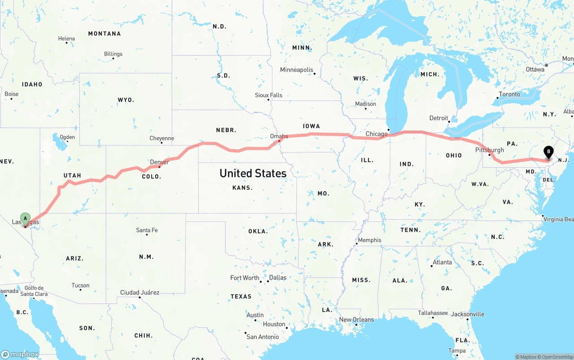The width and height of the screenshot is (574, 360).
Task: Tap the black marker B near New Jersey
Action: click(548, 152)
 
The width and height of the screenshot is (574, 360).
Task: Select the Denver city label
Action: click(159, 162)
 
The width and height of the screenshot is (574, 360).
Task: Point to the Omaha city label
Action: click(279, 136)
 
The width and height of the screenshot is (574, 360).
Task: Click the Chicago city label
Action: click(376, 134)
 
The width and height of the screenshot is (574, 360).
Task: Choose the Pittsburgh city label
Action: click(490, 150)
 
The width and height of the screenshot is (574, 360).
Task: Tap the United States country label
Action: click(253, 173)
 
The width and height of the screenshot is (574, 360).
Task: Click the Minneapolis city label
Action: click(296, 70)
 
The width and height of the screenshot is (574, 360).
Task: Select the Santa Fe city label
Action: click(147, 230)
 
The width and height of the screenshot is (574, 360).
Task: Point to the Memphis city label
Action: click(370, 240)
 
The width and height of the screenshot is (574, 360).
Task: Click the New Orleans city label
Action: click(356, 320)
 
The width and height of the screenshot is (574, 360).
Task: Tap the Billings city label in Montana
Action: click(113, 54)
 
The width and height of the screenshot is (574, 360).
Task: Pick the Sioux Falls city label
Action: click(269, 95)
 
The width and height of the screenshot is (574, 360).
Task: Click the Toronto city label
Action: click(509, 94)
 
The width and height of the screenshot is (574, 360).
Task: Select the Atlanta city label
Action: click(442, 262)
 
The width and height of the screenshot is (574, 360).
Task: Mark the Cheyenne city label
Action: click(161, 139)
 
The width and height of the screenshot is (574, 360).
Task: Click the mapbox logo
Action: click(20, 354)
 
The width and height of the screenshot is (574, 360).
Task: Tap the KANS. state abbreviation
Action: click(242, 188)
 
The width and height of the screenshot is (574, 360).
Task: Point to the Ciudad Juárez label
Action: click(139, 293)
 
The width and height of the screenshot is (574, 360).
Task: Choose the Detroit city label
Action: click(439, 118)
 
